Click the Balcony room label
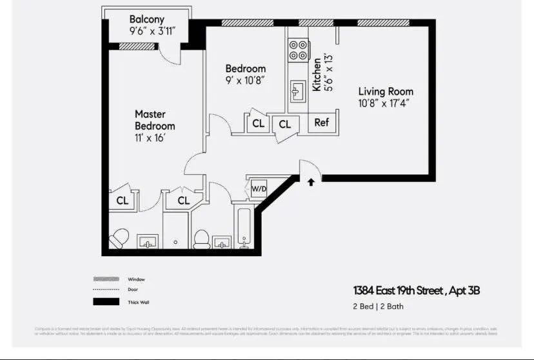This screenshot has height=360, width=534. (147, 19)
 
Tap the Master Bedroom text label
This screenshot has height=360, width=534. (155, 120)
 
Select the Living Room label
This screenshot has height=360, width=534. (386, 92)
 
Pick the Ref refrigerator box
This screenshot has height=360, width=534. (321, 123)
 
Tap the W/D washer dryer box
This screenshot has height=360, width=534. (259, 189)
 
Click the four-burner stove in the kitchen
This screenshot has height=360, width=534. (298, 50)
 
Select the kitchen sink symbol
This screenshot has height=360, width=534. (297, 92)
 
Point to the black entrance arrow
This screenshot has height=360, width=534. (311, 183)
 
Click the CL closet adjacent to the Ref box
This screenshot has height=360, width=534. (284, 124)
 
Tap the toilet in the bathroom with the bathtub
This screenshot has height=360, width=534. (202, 239)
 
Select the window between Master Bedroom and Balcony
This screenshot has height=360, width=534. (137, 46)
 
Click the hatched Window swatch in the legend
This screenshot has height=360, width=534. (106, 279)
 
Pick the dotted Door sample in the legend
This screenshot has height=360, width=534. (106, 290)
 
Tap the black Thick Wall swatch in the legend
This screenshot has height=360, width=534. (106, 301)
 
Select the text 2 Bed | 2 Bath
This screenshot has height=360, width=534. (378, 306)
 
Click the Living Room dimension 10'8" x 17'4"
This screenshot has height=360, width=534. (384, 103)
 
